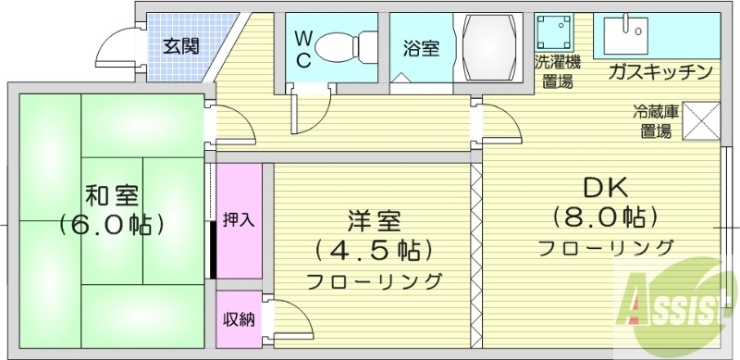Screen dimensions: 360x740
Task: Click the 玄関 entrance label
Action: pyautogui.click(x=181, y=44)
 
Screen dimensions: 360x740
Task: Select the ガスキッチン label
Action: pyautogui.click(x=659, y=72)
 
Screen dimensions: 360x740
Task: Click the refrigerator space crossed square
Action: pyautogui.click(x=700, y=119)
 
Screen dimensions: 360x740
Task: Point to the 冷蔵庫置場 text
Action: pyautogui.click(x=656, y=121)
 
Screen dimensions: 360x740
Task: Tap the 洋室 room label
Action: pyautogui.click(x=374, y=221)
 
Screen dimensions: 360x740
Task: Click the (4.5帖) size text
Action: pyautogui.click(x=374, y=251)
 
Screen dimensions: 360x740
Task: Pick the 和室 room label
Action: pyautogui.click(x=112, y=195)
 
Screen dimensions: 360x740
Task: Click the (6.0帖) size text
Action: pyautogui.click(x=112, y=225)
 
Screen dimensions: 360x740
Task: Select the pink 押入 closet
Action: pyautogui.click(x=239, y=221)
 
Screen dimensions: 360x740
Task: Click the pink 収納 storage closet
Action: pyautogui.click(x=239, y=318)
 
